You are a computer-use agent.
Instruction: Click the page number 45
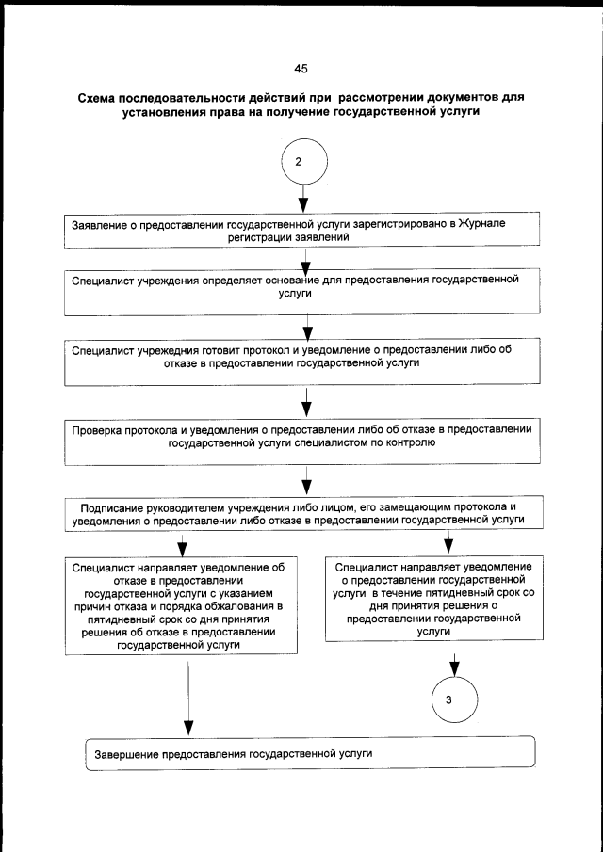(301, 69)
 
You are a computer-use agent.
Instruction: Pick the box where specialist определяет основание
(301, 293)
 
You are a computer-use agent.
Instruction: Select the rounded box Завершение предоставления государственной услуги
(309, 754)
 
